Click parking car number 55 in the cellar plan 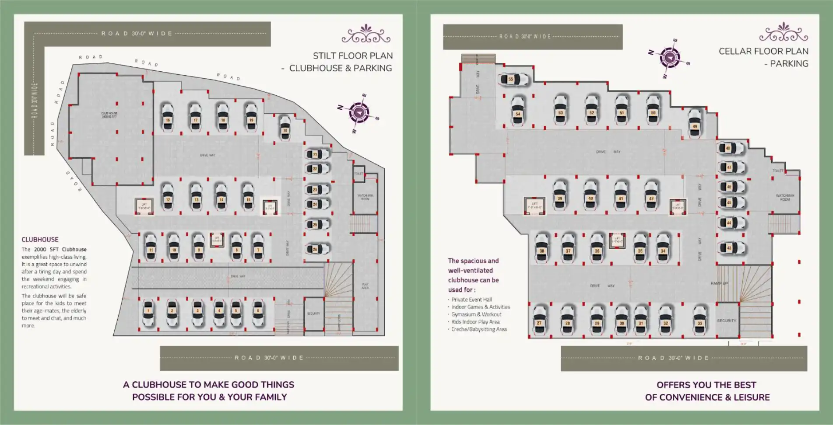pos(513,80)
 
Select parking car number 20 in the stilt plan pos(285,128)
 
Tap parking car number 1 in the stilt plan pos(148,313)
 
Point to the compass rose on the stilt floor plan pos(359,113)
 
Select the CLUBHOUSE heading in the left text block pos(40,240)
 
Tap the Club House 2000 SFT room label pos(109,115)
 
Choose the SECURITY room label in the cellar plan pos(726,320)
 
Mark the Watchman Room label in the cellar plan pos(785,197)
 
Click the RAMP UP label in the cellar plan pos(719,283)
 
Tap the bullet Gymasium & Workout pos(476,314)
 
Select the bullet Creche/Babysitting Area pos(479,329)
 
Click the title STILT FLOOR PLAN pos(352,56)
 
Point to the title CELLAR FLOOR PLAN pos(763,51)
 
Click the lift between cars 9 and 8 pos(217,240)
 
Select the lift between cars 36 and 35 pos(617,240)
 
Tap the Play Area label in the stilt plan pos(365,286)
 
